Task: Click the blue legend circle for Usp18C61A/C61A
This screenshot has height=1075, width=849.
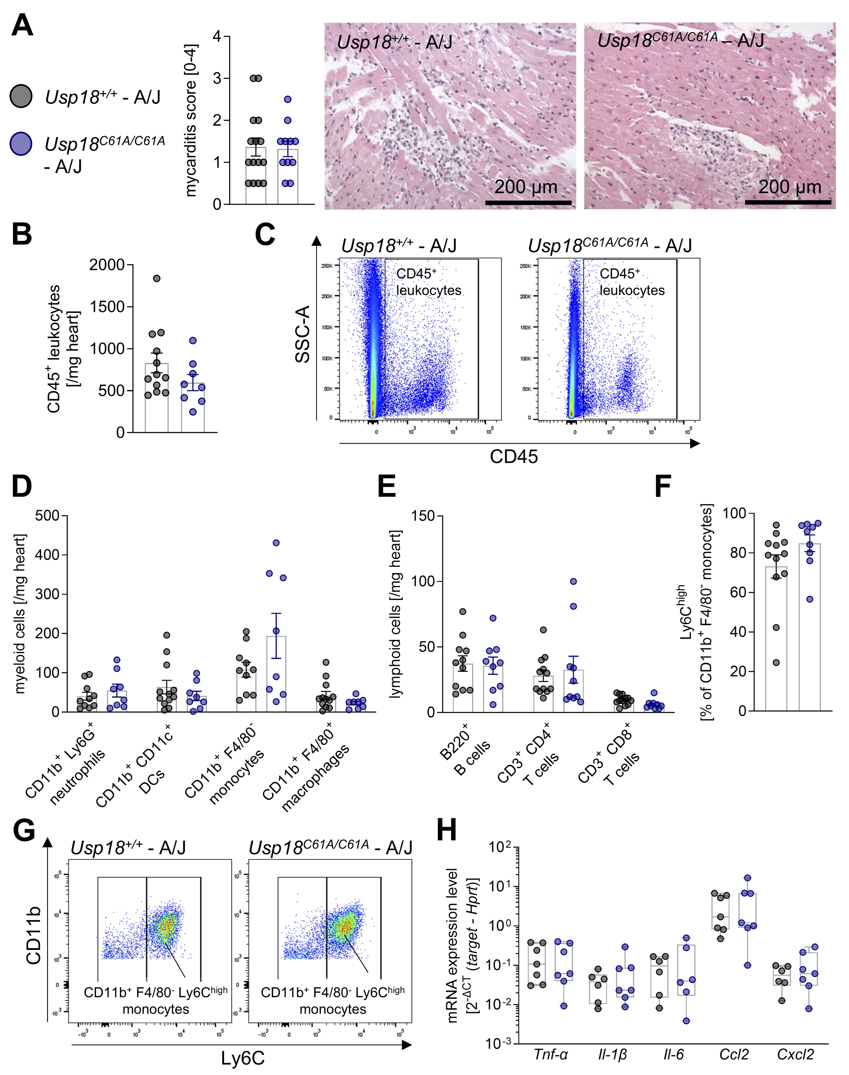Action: tap(21, 144)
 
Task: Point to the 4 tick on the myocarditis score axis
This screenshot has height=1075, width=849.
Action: tap(217, 36)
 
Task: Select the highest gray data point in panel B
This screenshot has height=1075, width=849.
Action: tap(157, 278)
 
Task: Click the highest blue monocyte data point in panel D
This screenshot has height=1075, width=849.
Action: tap(276, 543)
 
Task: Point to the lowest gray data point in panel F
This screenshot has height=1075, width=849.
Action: tap(776, 662)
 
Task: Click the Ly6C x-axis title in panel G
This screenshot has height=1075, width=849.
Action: tap(242, 1059)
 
